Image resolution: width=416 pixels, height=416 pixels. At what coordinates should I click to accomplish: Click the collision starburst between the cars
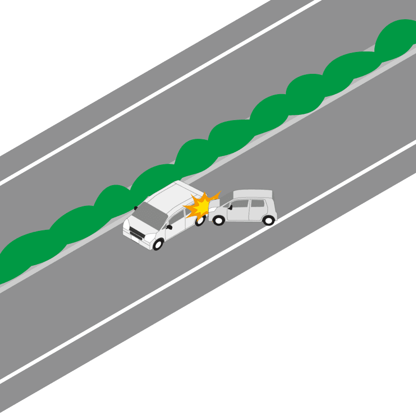(201, 205)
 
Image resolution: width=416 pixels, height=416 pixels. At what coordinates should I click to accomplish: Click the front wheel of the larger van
(158, 244)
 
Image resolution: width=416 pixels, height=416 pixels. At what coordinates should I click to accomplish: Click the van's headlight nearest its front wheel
(149, 238)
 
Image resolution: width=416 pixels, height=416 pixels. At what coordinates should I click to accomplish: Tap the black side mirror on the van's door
(170, 227)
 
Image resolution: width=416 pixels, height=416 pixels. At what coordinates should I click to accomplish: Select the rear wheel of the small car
(268, 220)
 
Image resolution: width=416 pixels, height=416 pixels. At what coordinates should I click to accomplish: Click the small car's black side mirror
(229, 207)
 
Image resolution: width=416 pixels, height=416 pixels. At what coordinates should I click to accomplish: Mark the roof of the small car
(252, 193)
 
